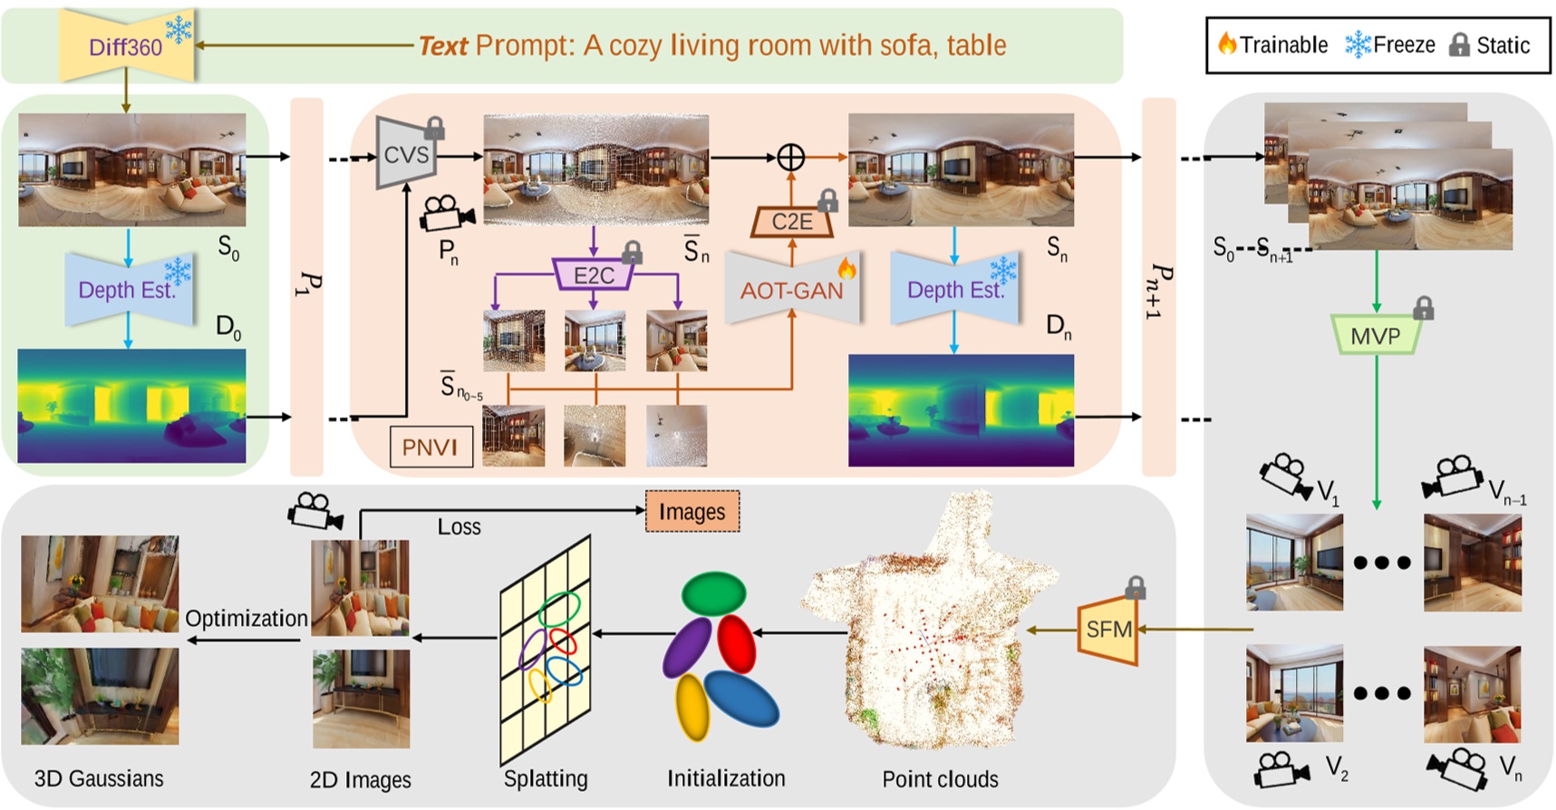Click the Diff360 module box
[x=125, y=46]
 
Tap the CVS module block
[x=405, y=154]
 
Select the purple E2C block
[x=594, y=275]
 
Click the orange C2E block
[x=791, y=221]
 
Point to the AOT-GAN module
[x=791, y=290]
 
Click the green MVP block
[x=1375, y=336]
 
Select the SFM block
[x=1108, y=629]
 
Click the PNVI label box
[x=430, y=447]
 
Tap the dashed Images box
[x=692, y=512]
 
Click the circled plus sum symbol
[x=791, y=158]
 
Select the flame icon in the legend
[x=1227, y=43]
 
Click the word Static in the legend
[x=1503, y=45]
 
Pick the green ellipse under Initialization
[x=714, y=593]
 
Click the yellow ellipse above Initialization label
[x=691, y=707]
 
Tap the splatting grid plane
[x=546, y=648]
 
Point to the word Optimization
[x=246, y=618]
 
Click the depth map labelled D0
[x=131, y=406]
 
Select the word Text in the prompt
[x=443, y=45]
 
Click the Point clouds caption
[x=940, y=779]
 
